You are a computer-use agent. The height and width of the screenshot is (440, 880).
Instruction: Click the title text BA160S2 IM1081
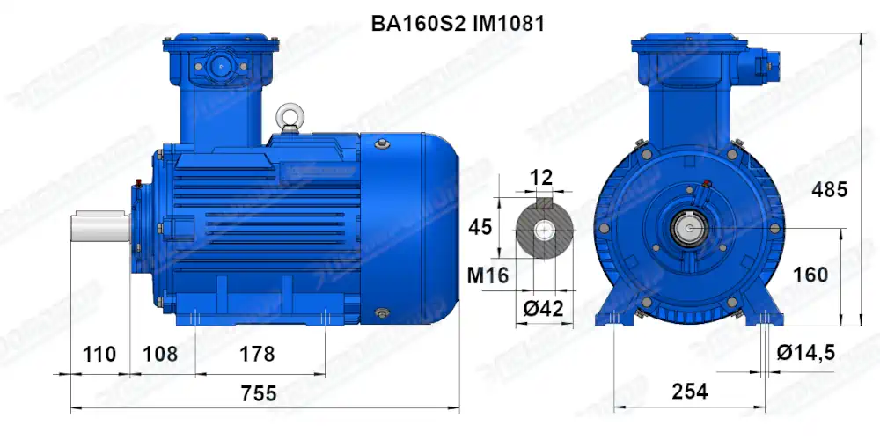pyautogui.click(x=458, y=24)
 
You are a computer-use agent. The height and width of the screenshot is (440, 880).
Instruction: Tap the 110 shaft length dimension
pyautogui.click(x=99, y=355)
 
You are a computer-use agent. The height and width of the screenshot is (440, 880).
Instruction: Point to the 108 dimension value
pyautogui.click(x=160, y=355)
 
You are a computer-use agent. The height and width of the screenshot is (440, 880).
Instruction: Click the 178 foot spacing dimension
pyautogui.click(x=257, y=355)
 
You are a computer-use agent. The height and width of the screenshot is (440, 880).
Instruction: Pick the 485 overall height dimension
pyautogui.click(x=829, y=189)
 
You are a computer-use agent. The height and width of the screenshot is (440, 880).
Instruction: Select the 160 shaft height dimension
pyautogui.click(x=810, y=275)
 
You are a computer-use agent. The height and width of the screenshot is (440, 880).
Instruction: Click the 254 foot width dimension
pyautogui.click(x=689, y=392)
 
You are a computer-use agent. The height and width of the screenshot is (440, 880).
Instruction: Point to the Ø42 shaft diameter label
pyautogui.click(x=543, y=309)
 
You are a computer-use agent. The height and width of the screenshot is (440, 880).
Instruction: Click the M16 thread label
pyautogui.click(x=488, y=275)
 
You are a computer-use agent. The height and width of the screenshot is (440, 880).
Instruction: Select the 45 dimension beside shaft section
pyautogui.click(x=480, y=227)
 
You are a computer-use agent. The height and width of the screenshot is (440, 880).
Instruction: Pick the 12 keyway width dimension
pyautogui.click(x=542, y=178)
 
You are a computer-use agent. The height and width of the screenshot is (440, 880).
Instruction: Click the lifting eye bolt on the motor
pyautogui.click(x=288, y=116)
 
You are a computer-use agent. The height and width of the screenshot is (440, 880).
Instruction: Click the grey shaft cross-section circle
pyautogui.click(x=545, y=231)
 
